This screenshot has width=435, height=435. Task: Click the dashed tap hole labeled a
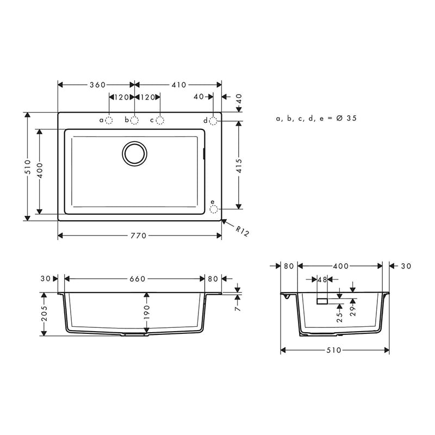pyautogui.click(x=109, y=120)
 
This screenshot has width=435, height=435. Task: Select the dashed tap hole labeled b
pyautogui.click(x=134, y=120)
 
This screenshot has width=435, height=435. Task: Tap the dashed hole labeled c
pyautogui.click(x=160, y=120)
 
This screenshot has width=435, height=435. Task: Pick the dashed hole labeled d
pyautogui.click(x=213, y=121)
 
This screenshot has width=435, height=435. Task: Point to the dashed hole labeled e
pyautogui.click(x=213, y=209)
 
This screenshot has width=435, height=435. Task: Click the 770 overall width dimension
pyautogui.click(x=139, y=235)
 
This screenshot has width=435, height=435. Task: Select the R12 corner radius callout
pyautogui.click(x=242, y=231)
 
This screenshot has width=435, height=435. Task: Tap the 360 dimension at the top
pyautogui.click(x=98, y=85)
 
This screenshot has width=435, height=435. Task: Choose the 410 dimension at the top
pyautogui.click(x=179, y=85)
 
